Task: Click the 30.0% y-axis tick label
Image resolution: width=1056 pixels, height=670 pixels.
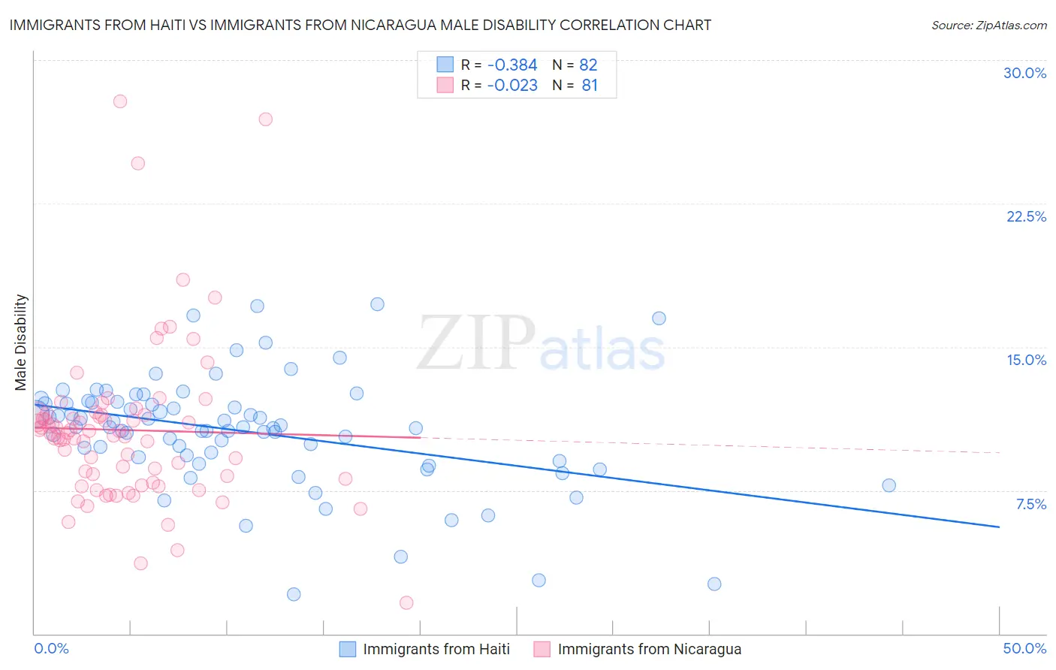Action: pyautogui.click(x=1024, y=73)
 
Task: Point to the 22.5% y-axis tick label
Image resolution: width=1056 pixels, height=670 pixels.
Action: pyautogui.click(x=1026, y=216)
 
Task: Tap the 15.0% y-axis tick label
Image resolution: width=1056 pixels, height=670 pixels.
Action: pyautogui.click(x=1026, y=360)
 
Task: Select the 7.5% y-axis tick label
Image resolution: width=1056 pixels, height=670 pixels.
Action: pyautogui.click(x=1030, y=504)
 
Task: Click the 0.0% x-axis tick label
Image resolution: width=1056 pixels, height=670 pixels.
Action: pyautogui.click(x=51, y=648)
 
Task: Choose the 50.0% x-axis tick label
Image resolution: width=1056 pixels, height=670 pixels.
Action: pyautogui.click(x=1024, y=648)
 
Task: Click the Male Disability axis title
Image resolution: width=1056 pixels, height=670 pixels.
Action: pyautogui.click(x=21, y=342)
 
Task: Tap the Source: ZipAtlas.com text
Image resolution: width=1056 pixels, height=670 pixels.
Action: pyautogui.click(x=988, y=25)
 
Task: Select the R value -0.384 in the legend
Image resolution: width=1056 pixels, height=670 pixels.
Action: pyautogui.click(x=512, y=65)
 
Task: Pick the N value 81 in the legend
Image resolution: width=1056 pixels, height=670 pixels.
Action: pyautogui.click(x=590, y=86)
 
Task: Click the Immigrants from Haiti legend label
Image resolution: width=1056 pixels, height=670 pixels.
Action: pyautogui.click(x=436, y=649)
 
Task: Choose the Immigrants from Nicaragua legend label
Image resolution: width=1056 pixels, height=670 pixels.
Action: pyautogui.click(x=649, y=649)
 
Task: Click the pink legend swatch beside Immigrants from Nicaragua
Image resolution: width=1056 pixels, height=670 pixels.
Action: pyautogui.click(x=542, y=649)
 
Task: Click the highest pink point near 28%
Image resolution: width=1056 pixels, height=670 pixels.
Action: pyautogui.click(x=119, y=101)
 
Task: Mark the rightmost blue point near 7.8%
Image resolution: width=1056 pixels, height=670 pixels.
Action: pyautogui.click(x=889, y=485)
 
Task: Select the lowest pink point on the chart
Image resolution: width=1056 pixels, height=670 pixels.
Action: pyautogui.click(x=406, y=602)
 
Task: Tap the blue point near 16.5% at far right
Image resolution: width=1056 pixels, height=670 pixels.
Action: pyautogui.click(x=659, y=318)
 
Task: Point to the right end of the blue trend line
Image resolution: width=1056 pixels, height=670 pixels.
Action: pyautogui.click(x=999, y=527)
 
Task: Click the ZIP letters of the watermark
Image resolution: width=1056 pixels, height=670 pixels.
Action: pyautogui.click(x=476, y=343)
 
